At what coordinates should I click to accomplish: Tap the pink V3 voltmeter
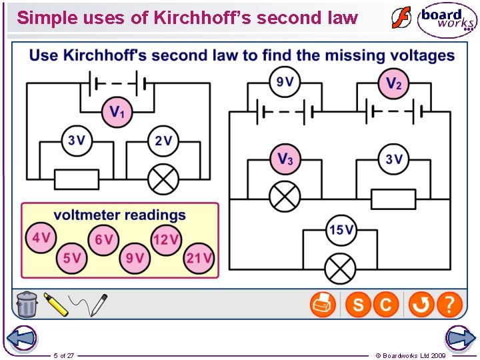(285, 159)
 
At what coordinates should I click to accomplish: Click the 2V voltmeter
(163, 141)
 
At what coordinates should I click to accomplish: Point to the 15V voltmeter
(341, 230)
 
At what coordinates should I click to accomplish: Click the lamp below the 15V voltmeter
(341, 269)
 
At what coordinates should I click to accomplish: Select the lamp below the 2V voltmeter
(163, 179)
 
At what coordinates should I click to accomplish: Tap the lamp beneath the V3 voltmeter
(285, 197)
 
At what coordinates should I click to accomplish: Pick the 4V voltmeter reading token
(41, 237)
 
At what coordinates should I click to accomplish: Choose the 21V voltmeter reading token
(199, 257)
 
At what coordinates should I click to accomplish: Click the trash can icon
(27, 304)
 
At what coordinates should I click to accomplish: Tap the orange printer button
(323, 305)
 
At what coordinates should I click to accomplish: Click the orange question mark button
(451, 305)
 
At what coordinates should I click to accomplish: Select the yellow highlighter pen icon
(56, 304)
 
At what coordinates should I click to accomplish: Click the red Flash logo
(401, 17)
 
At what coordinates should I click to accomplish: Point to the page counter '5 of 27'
(64, 355)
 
